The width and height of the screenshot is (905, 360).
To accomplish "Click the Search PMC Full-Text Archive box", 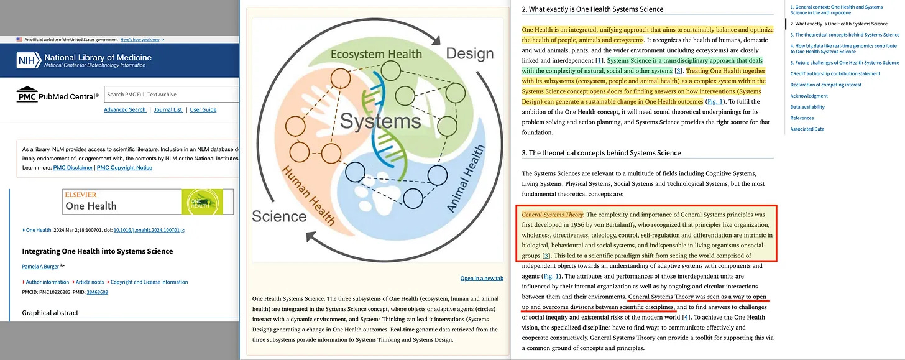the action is point(171,95).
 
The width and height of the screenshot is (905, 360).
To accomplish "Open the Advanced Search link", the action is point(125,109).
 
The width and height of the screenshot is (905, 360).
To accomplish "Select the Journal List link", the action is point(168,109).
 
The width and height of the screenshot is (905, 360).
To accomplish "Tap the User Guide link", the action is point(203,109).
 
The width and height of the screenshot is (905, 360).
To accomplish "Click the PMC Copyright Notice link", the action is point(125,167).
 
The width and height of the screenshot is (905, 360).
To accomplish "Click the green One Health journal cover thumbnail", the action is point(202,201).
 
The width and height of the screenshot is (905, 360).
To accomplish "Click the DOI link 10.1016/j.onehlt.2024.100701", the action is point(147,230).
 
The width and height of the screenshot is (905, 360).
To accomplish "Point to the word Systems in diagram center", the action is point(380,120).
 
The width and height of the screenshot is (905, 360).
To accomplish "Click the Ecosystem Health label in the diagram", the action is point(376,54).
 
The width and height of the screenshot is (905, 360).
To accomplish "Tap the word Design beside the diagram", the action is point(470,53).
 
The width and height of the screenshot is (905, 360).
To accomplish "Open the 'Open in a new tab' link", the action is point(482,278).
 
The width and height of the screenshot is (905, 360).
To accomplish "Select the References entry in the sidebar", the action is point(802,118).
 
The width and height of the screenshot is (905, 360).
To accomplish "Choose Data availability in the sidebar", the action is point(807,107).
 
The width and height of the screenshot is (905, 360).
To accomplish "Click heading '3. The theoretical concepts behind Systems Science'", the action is point(601,153).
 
